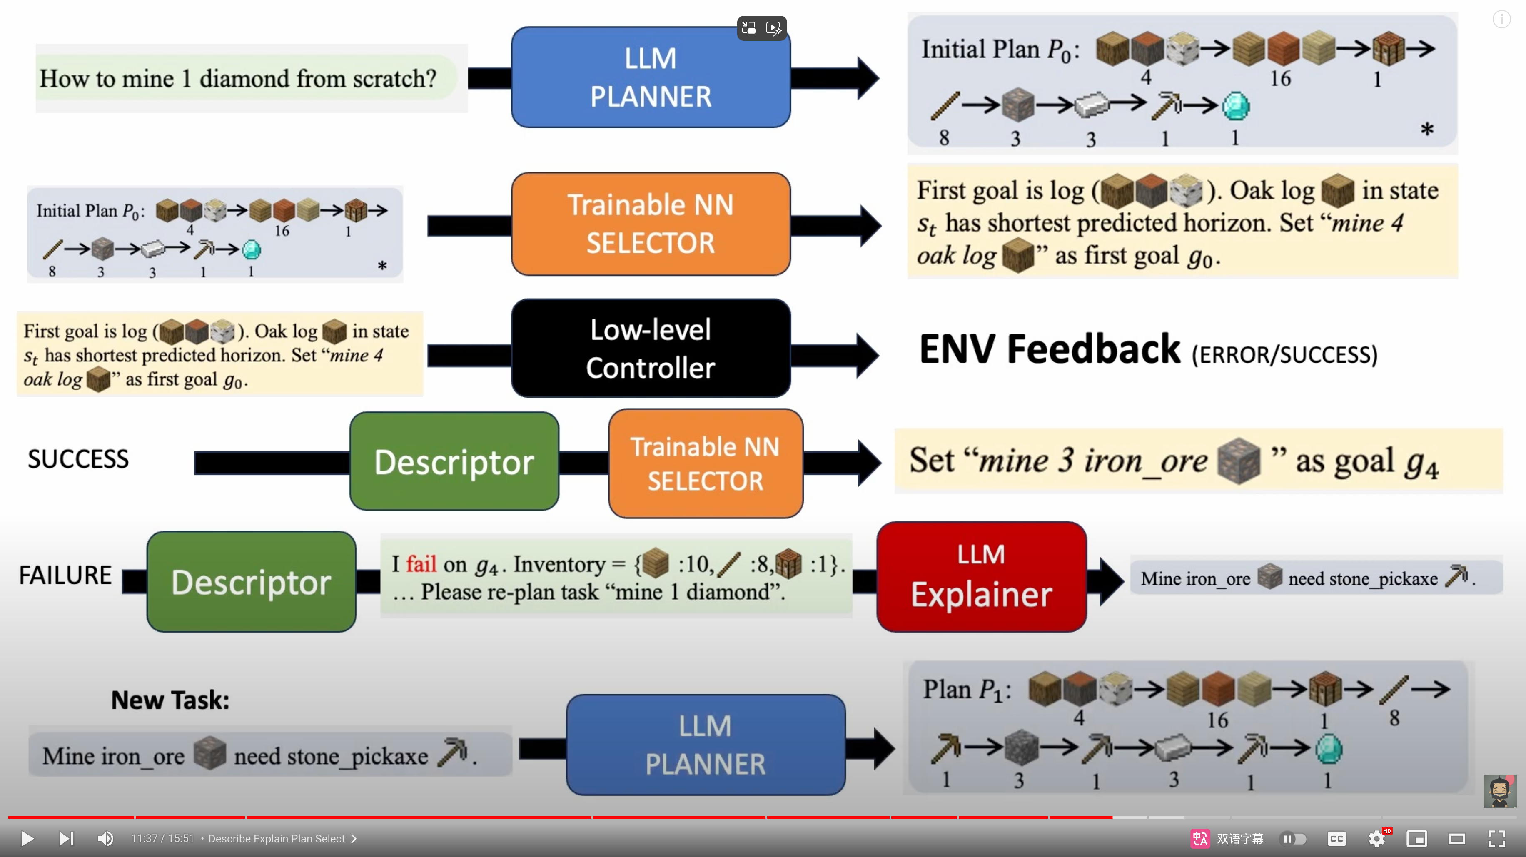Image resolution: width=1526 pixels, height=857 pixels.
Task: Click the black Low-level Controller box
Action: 651,348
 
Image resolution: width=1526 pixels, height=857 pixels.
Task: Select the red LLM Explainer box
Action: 981,576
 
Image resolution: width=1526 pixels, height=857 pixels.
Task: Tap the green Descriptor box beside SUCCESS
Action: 454,461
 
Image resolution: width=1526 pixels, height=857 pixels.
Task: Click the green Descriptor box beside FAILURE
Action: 251,582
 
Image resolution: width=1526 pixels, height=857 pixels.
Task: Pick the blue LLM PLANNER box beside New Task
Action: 705,745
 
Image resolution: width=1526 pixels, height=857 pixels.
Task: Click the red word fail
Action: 421,564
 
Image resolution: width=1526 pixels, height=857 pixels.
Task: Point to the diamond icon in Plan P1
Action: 1328,749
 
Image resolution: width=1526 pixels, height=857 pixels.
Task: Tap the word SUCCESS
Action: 78,459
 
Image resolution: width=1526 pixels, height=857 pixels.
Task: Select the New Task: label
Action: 170,700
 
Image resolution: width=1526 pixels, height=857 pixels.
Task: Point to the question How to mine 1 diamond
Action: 237,79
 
